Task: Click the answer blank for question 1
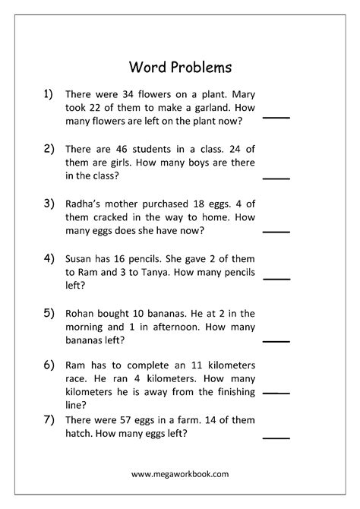pos(276,119)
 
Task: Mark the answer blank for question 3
pos(276,231)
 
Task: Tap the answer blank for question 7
pos(276,438)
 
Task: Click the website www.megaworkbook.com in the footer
pos(179,473)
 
